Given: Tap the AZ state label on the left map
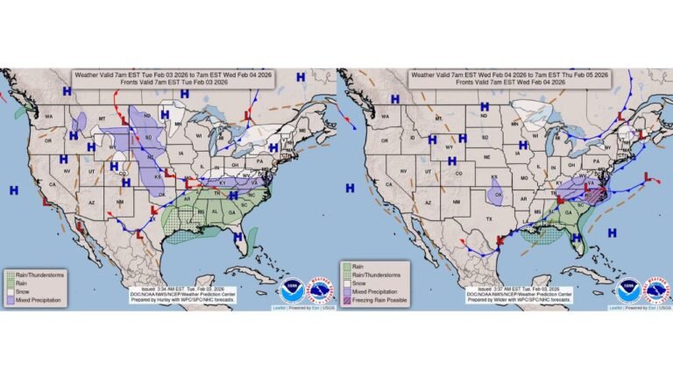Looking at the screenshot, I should (x=91, y=203).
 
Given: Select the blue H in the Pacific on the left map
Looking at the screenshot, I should (x=14, y=189).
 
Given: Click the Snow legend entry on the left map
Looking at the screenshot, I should (x=23, y=290).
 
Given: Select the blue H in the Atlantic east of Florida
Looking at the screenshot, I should (x=613, y=232).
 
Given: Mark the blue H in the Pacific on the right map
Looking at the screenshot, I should (x=350, y=188).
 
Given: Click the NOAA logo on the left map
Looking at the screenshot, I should (x=293, y=290).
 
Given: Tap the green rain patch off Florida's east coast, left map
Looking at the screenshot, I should (x=252, y=235).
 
